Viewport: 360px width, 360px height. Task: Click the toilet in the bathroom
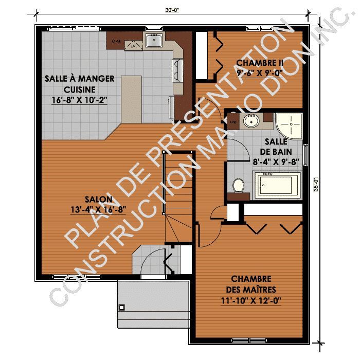click(238, 184)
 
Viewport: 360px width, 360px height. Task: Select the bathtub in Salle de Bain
click(278, 185)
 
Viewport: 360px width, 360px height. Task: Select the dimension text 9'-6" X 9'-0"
click(260, 73)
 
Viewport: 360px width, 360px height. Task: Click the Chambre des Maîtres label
click(257, 284)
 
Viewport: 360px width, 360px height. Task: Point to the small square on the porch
click(122, 308)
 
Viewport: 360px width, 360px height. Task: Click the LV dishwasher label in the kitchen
click(133, 46)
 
